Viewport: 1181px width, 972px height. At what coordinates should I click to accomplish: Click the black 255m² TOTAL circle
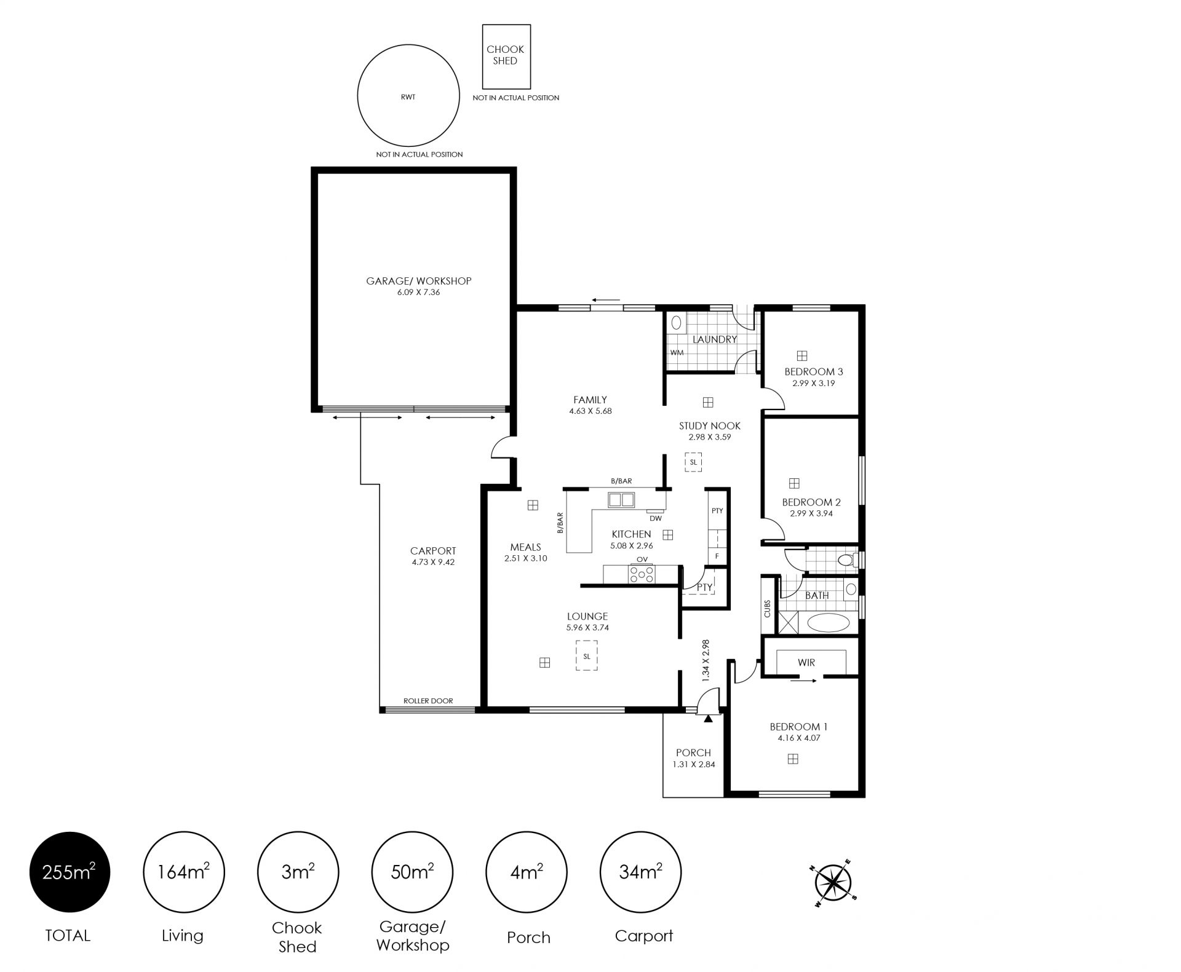[70, 872]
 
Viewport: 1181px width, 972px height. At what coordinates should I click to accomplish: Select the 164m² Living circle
[184, 872]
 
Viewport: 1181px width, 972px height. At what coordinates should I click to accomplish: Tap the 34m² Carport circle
[640, 872]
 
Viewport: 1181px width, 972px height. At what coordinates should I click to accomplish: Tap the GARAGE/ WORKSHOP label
[419, 281]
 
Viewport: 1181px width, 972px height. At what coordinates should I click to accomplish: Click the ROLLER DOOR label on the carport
[428, 701]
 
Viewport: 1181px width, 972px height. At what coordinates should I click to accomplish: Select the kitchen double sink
[621, 500]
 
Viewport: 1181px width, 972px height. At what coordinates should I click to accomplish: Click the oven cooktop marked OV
[642, 574]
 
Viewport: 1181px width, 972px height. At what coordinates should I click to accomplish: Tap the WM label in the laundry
[677, 353]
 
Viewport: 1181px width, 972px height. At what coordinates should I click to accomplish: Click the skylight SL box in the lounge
[587, 655]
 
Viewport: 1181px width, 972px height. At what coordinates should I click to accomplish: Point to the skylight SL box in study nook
[694, 462]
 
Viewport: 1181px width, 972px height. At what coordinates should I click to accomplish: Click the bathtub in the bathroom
[828, 622]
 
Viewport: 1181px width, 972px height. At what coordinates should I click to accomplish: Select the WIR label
[806, 663]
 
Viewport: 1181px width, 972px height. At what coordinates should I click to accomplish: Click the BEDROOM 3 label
[814, 371]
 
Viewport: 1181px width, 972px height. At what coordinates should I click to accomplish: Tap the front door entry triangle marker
[708, 717]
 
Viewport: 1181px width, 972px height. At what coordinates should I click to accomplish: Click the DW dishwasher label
[656, 518]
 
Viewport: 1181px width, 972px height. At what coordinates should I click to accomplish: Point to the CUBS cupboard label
[768, 609]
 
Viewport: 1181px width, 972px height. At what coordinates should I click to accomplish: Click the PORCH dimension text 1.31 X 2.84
[693, 765]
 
